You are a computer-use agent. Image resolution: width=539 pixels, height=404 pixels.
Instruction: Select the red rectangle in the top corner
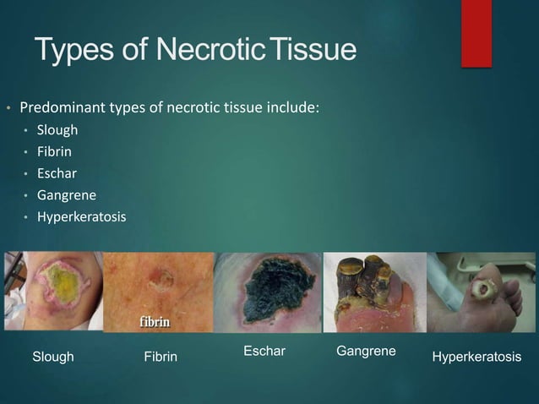point(476,32)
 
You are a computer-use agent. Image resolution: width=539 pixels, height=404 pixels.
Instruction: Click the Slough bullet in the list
point(57,130)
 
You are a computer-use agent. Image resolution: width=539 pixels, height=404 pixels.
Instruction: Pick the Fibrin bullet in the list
point(53,152)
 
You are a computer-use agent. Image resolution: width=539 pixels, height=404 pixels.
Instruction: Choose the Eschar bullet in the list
point(56,174)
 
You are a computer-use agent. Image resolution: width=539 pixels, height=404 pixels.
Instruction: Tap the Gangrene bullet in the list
point(64,196)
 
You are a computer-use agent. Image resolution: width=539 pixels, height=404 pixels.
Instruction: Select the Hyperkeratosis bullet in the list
point(81,217)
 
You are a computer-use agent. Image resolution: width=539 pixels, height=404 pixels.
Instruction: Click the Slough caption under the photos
point(53,358)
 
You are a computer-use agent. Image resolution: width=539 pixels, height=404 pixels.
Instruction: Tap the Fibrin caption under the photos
point(161,358)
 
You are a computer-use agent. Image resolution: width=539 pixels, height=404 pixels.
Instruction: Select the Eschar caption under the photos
point(264,351)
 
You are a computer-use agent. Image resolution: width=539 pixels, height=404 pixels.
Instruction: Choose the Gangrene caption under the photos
point(366,351)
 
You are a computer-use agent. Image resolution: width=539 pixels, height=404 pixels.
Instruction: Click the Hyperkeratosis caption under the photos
point(476,358)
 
